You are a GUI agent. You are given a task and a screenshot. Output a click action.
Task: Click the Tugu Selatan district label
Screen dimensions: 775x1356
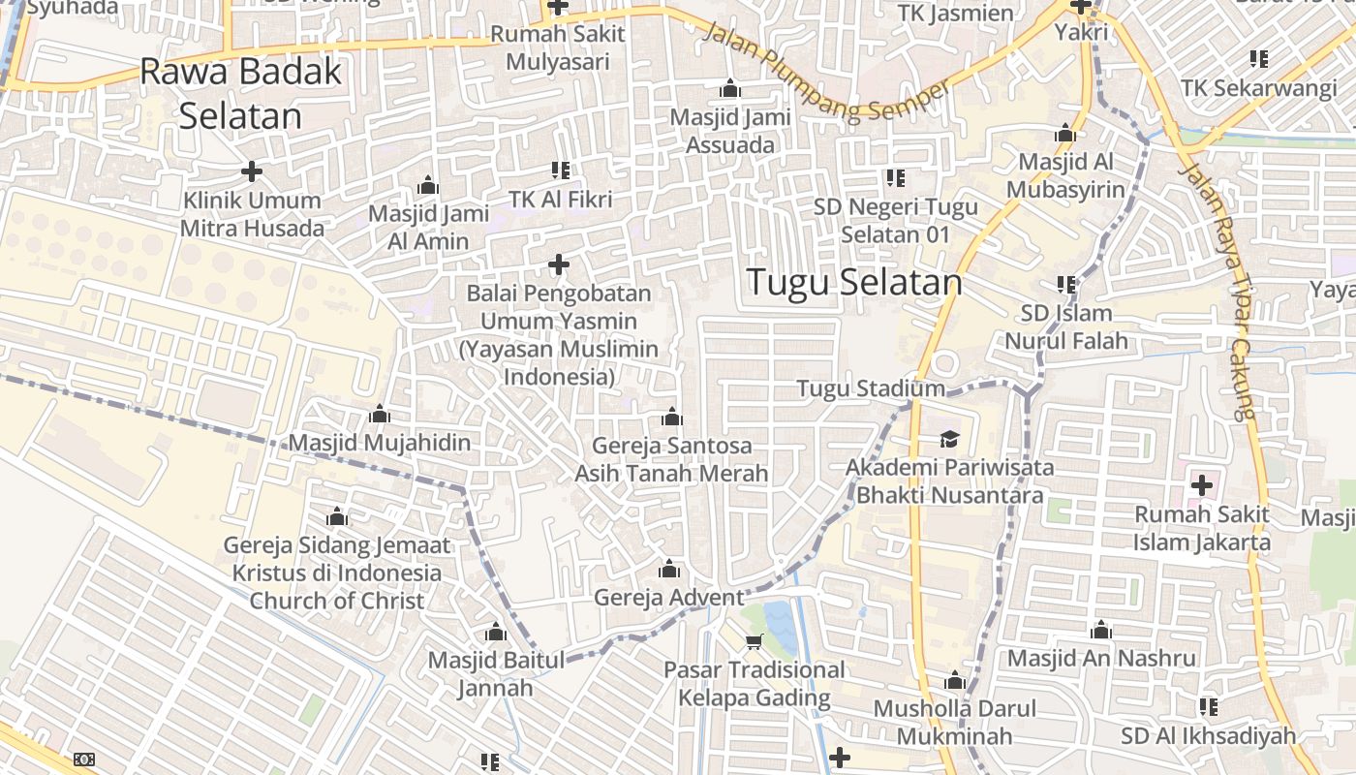pyautogui.click(x=854, y=282)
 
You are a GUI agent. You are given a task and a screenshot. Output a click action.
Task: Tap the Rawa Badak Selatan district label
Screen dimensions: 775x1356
pyautogui.click(x=241, y=93)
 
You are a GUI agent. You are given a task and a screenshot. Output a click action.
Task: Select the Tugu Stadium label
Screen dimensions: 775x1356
pyautogui.click(x=870, y=388)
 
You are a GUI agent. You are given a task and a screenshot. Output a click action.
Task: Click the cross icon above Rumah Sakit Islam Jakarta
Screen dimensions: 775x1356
pyautogui.click(x=1202, y=484)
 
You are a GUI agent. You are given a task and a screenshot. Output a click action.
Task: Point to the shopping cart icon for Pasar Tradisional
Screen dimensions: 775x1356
pyautogui.click(x=755, y=641)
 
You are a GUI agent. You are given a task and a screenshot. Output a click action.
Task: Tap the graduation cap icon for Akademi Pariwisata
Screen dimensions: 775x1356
pyautogui.click(x=948, y=439)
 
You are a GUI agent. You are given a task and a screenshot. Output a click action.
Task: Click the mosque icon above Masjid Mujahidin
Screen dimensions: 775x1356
pyautogui.click(x=380, y=415)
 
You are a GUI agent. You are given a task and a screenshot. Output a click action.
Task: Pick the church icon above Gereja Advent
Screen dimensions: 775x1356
pyautogui.click(x=669, y=569)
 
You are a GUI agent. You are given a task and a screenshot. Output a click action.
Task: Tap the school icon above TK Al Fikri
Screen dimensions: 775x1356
pyautogui.click(x=560, y=171)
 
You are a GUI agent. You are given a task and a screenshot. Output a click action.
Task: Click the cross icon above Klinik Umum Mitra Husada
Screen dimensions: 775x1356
pyautogui.click(x=252, y=172)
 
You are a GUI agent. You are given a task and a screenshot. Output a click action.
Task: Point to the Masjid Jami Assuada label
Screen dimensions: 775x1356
pyautogui.click(x=730, y=131)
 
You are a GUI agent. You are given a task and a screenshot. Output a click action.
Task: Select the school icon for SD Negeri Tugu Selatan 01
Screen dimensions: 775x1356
pyautogui.click(x=895, y=177)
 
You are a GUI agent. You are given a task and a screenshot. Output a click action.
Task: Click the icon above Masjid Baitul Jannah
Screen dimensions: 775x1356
pyautogui.click(x=496, y=634)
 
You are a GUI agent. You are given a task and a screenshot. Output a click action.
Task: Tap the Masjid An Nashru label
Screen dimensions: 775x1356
pyautogui.click(x=1101, y=659)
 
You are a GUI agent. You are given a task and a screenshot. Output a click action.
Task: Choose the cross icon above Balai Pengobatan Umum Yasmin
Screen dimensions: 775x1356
pyautogui.click(x=559, y=263)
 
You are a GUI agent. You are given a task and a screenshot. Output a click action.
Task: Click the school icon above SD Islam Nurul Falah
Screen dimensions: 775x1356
pyautogui.click(x=1066, y=285)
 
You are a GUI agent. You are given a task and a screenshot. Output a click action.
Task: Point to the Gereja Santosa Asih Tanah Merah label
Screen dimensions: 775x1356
pyautogui.click(x=671, y=459)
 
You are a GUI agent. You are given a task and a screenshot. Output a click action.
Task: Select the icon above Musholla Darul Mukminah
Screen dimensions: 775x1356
pyautogui.click(x=955, y=680)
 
